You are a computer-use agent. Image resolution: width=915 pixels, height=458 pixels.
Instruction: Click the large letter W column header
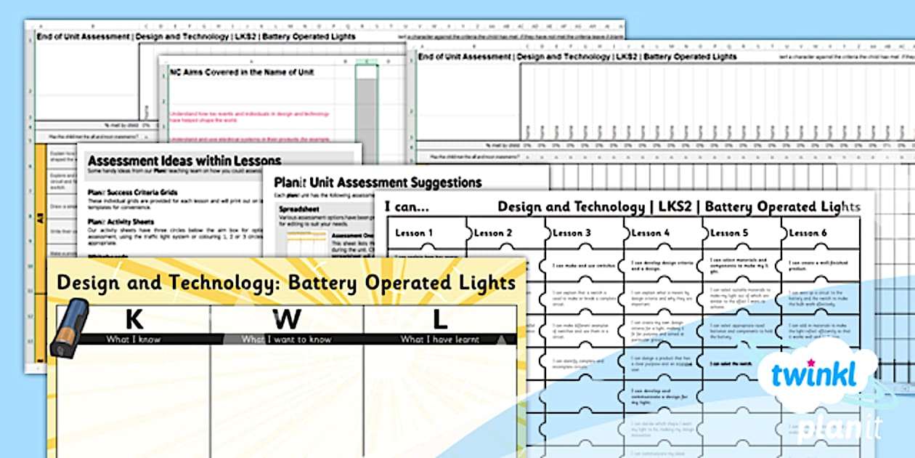(x=287, y=319)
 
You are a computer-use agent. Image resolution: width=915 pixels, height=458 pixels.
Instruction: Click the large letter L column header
(x=439, y=319)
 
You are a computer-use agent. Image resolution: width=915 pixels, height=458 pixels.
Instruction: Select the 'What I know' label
(x=134, y=339)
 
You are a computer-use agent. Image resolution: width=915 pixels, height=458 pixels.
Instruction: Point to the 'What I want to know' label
(x=287, y=339)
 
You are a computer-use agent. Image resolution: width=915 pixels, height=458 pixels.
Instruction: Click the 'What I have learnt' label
(x=440, y=339)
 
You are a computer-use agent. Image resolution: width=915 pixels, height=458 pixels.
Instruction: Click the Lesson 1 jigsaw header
(x=414, y=233)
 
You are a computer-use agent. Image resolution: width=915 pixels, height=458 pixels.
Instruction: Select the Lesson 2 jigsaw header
(x=493, y=233)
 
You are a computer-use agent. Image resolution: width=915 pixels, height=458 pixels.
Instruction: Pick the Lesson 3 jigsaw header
(x=572, y=233)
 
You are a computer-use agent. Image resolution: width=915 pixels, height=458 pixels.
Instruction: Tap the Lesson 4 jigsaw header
(x=651, y=233)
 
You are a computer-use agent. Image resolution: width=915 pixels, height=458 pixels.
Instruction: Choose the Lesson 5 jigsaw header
(x=729, y=233)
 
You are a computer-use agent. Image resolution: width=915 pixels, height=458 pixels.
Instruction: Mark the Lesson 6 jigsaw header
(x=808, y=233)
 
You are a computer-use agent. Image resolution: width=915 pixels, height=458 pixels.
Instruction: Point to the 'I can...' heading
(x=407, y=206)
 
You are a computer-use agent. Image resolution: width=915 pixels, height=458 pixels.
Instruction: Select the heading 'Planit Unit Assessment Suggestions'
(x=378, y=182)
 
